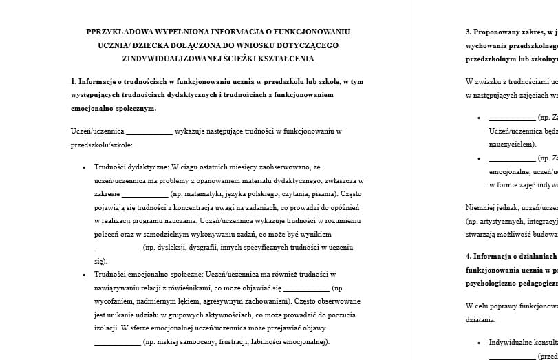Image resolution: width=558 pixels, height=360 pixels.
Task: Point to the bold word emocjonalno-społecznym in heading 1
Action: [113, 108]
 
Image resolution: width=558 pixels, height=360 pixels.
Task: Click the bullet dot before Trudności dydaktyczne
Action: [84, 167]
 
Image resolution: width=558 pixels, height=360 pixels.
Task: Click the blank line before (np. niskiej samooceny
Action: [117, 342]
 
